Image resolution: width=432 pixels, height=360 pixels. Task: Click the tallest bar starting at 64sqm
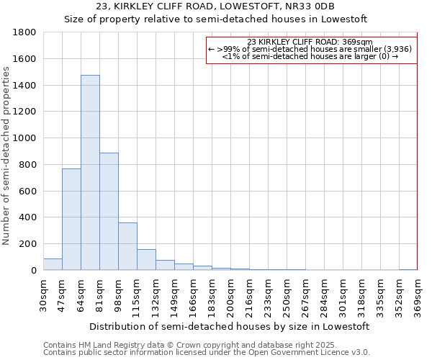pos(90,173)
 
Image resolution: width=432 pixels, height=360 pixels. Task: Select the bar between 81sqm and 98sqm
pos(109,212)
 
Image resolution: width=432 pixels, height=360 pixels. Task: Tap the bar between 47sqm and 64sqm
pos(71,220)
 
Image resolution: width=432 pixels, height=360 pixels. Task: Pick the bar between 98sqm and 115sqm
pos(127,246)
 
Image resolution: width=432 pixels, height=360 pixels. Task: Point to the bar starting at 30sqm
pos(53,264)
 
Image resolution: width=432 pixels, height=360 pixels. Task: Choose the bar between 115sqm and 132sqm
pos(146,260)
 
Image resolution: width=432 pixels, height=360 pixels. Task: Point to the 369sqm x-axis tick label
pos(418,297)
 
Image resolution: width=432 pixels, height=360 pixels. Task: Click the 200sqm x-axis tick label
pos(230,297)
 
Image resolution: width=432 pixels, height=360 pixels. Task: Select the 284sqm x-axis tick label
pos(324,297)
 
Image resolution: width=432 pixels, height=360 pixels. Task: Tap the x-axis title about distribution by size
pos(230,326)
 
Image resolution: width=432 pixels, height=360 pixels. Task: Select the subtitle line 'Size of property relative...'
pos(216,19)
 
